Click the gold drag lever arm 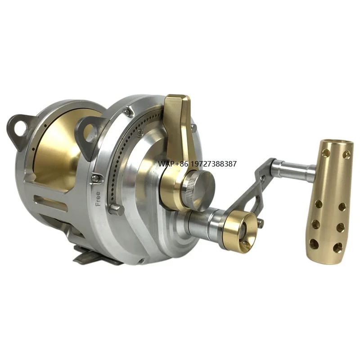178,130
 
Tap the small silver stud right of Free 116,209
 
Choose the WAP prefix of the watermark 165,164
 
